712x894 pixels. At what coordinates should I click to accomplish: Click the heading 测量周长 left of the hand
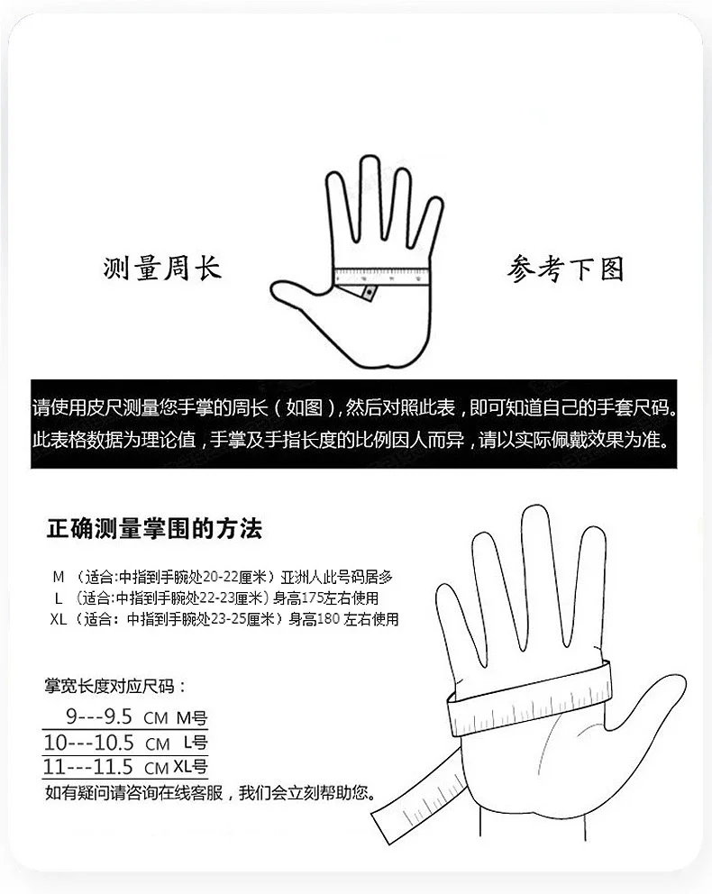pos(162,268)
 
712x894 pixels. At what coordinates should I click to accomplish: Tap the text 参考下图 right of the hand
pos(565,269)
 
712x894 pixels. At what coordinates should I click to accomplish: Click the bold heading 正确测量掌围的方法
pos(154,528)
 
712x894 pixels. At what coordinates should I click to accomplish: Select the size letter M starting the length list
pos(59,577)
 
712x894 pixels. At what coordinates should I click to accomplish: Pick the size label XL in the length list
pos(59,618)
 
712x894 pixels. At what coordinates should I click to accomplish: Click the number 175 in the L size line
pos(312,598)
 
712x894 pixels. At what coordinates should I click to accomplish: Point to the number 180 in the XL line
pos(328,618)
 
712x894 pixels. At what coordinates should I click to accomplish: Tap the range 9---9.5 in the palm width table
pos(99,716)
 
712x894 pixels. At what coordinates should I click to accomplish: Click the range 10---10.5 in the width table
pos(89,743)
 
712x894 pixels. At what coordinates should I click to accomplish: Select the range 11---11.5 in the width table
pos(88,767)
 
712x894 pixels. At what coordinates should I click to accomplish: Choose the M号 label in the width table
pos(192,718)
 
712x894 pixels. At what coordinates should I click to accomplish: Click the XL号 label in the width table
pos(190,767)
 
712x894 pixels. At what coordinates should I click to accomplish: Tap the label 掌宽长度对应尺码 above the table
pos(109,685)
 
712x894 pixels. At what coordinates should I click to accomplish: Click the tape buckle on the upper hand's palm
pos(370,293)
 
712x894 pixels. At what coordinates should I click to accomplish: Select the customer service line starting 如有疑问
pos(210,792)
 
